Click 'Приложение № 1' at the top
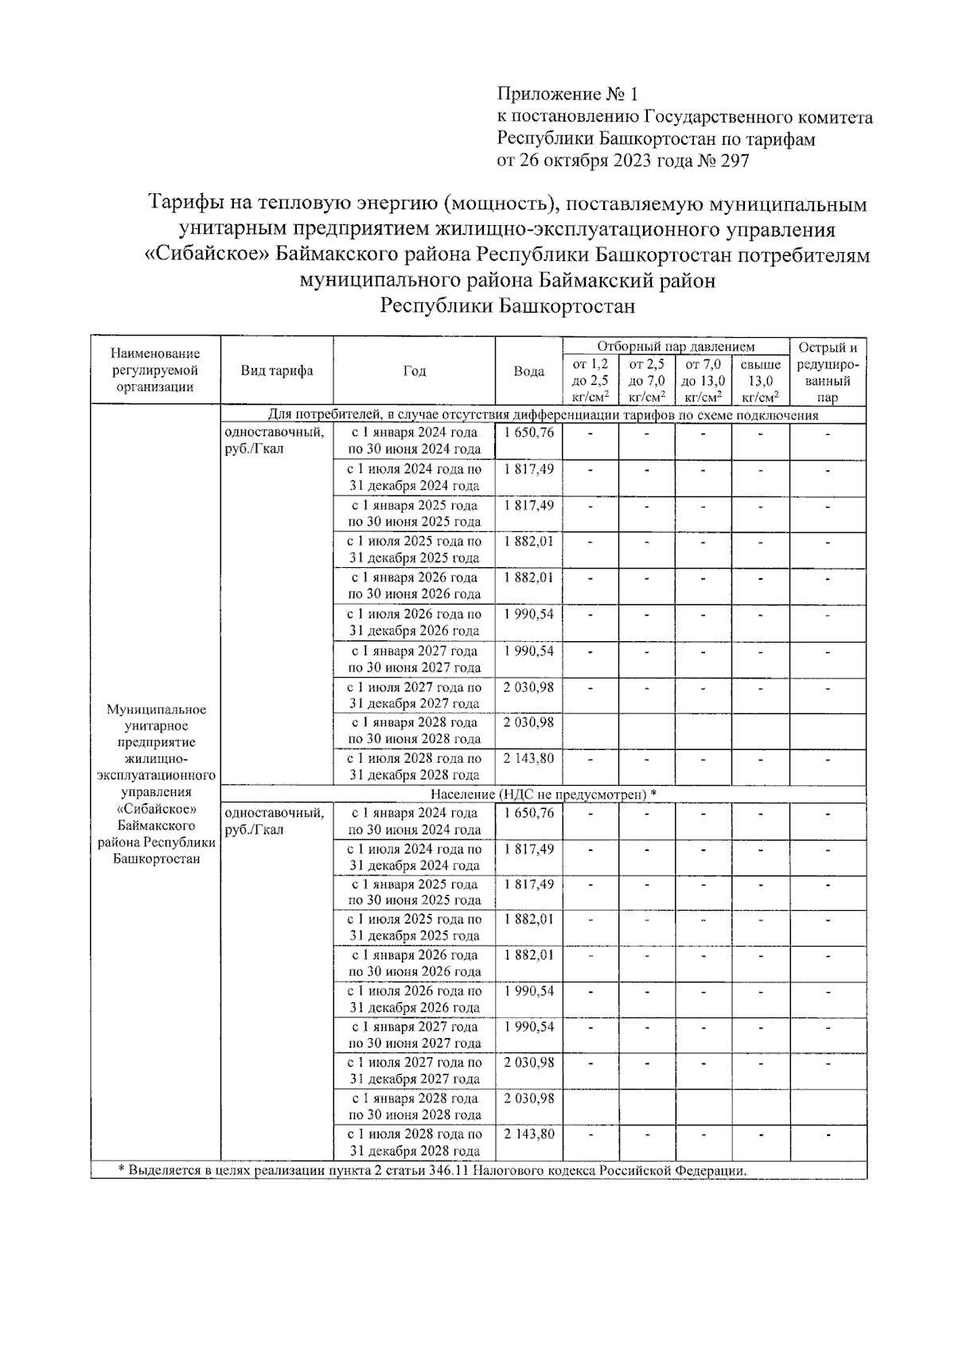point(567,95)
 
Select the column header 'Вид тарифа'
point(277,371)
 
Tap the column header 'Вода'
point(528,371)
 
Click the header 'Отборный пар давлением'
point(676,346)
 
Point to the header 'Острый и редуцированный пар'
point(828,371)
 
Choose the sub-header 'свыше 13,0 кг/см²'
point(760,380)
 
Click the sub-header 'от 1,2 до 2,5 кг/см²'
point(590,380)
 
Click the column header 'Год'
point(414,371)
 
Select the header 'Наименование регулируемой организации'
point(155,370)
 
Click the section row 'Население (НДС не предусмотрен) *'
point(543,794)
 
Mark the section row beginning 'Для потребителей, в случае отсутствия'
point(543,415)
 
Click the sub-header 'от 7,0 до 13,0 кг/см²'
point(703,380)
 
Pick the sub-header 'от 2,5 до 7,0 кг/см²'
point(646,380)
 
